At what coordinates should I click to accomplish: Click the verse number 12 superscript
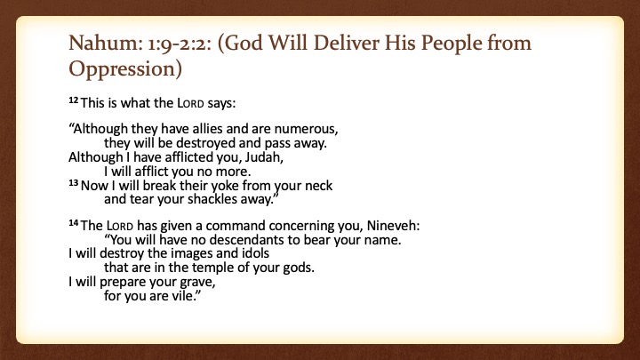point(74,100)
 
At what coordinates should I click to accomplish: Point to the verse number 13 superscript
point(74,183)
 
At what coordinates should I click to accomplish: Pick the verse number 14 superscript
point(74,223)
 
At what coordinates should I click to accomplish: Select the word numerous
point(306,130)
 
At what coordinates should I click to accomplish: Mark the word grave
point(196,283)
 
